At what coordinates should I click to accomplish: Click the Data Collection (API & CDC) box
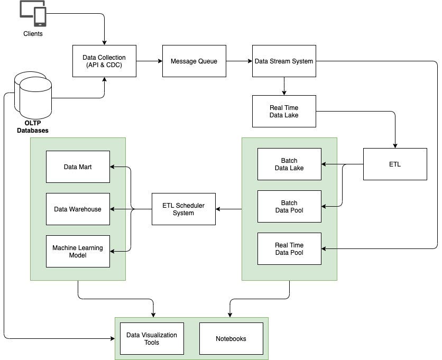click(x=104, y=61)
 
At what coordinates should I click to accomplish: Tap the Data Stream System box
click(x=284, y=61)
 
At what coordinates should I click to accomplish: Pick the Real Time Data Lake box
click(x=284, y=111)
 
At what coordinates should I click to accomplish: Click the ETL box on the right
click(x=394, y=164)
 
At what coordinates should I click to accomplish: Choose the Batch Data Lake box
click(x=289, y=164)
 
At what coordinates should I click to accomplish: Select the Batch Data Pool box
click(x=289, y=206)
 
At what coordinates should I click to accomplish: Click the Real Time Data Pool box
click(x=289, y=248)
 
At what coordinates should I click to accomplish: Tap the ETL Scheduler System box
click(x=183, y=209)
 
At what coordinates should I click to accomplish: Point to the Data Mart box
click(x=78, y=167)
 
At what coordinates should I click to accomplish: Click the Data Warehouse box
click(x=78, y=209)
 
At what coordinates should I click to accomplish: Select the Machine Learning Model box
click(x=78, y=251)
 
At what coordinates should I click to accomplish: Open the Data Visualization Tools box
click(x=152, y=338)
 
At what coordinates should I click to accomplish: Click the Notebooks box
click(x=231, y=338)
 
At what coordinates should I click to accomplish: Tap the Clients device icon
click(x=32, y=13)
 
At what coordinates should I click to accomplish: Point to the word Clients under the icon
click(x=33, y=34)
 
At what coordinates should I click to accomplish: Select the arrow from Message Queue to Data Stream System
click(x=239, y=61)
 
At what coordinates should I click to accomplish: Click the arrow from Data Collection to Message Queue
click(x=149, y=61)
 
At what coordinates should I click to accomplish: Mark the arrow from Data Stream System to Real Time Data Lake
click(x=284, y=86)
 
